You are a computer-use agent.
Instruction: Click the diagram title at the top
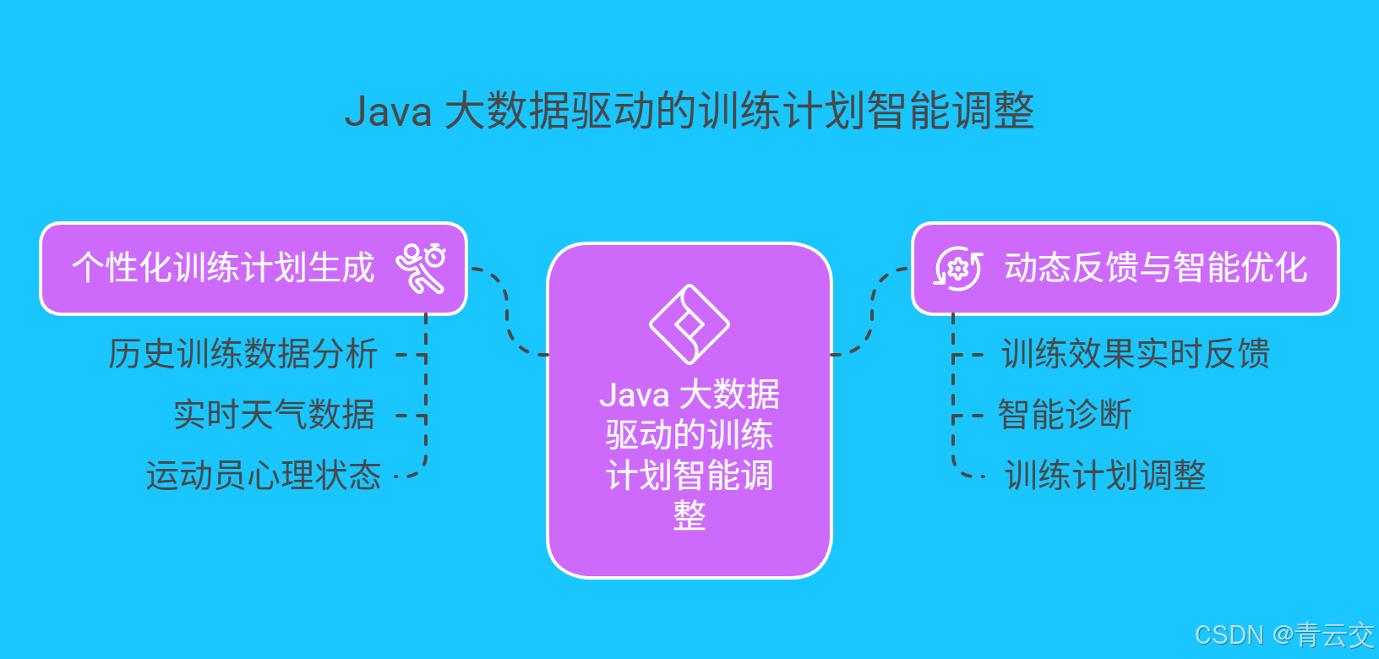[689, 111]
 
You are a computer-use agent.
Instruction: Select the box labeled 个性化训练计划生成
[223, 269]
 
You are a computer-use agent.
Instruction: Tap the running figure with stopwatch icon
[421, 268]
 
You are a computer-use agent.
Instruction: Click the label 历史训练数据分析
[243, 354]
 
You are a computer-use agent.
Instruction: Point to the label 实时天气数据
[274, 415]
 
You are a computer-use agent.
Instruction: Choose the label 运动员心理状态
[263, 476]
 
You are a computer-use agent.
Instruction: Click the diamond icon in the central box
[689, 324]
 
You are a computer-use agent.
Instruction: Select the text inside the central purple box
[689, 455]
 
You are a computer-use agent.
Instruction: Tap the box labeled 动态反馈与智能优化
[1155, 269]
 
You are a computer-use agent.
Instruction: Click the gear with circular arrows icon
[958, 269]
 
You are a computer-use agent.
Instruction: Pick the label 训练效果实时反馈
[1135, 354]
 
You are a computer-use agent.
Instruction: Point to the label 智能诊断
[1064, 415]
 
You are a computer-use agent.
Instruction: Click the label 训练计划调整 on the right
[1104, 476]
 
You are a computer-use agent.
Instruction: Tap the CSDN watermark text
[1284, 635]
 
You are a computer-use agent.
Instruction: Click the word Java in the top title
[388, 112]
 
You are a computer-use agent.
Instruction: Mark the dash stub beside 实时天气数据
[411, 416]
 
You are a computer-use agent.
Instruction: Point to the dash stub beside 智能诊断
[968, 416]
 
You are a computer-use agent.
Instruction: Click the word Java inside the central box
[634, 395]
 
